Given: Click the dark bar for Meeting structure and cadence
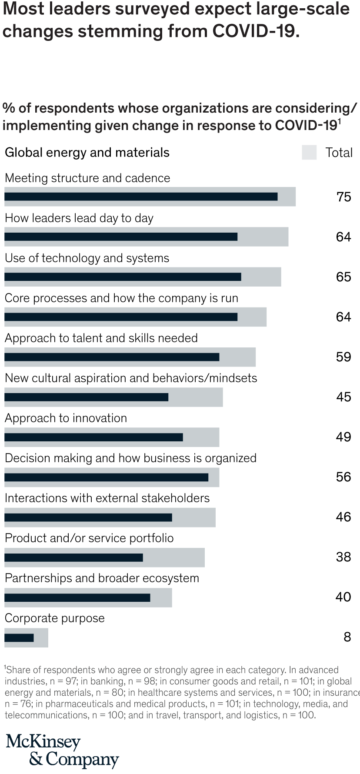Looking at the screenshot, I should click(141, 197).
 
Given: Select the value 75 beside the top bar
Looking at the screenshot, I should click(343, 197).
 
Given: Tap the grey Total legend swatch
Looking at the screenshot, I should click(309, 153).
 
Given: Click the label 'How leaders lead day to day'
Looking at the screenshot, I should click(79, 218).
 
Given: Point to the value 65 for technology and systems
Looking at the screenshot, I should click(343, 277).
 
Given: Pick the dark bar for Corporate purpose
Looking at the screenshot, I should click(19, 637).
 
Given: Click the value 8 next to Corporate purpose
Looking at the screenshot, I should click(347, 637).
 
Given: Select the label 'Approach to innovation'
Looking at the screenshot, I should click(66, 418).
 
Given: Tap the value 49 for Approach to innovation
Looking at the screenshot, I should click(343, 437).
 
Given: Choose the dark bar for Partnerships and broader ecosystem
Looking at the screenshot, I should click(77, 597).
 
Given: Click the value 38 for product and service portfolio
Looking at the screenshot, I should click(343, 557).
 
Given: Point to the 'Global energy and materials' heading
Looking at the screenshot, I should click(87, 153).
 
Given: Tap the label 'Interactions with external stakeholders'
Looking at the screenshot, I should click(107, 498).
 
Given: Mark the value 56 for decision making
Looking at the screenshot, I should click(343, 477).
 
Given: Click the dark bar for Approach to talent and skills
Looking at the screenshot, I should click(112, 357).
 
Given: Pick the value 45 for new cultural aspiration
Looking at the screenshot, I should click(343, 397).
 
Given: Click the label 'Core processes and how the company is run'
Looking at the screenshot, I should click(121, 298).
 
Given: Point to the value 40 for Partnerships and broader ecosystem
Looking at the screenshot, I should click(343, 597).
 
